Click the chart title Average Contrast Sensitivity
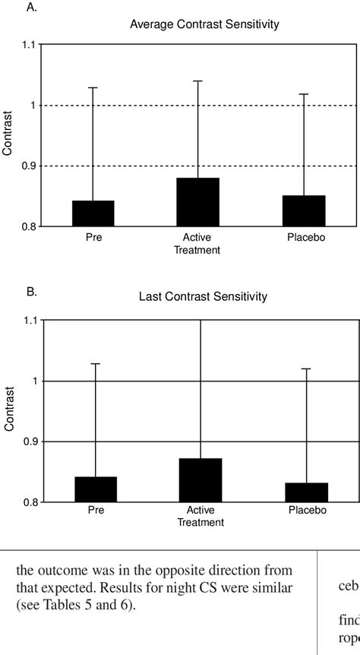pyautogui.click(x=204, y=24)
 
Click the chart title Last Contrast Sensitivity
pyautogui.click(x=203, y=296)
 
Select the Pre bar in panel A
pyautogui.click(x=93, y=214)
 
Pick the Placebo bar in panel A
pyautogui.click(x=304, y=210)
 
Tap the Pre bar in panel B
pyautogui.click(x=96, y=489)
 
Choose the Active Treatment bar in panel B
pyautogui.click(x=201, y=479)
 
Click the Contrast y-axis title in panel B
pyautogui.click(x=9, y=410)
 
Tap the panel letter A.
pyautogui.click(x=31, y=8)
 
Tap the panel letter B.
pyautogui.click(x=31, y=290)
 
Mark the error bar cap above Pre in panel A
pyautogui.click(x=93, y=87)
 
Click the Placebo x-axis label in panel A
pyautogui.click(x=305, y=237)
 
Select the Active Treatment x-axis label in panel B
pyautogui.click(x=201, y=517)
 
